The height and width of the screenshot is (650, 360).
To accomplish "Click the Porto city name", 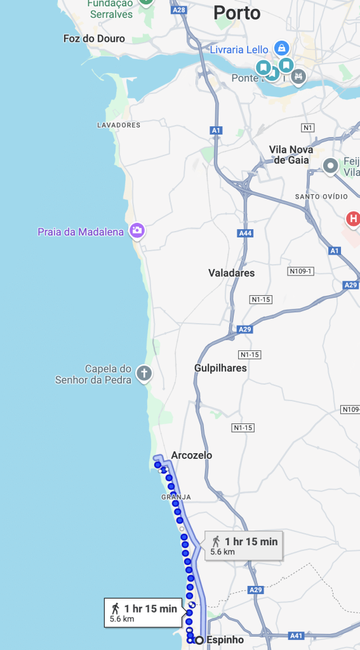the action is click(237, 12).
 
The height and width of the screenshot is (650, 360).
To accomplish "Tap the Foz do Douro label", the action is click(94, 39).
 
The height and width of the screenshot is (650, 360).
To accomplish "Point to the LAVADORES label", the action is click(119, 125).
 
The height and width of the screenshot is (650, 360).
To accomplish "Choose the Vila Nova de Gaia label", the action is click(289, 154).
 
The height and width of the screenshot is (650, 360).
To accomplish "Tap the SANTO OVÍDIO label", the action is click(321, 197).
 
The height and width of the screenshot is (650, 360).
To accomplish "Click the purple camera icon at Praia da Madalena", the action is click(137, 230).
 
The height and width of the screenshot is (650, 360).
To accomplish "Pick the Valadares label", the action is click(232, 273).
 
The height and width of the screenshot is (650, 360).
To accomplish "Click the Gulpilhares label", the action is click(220, 368).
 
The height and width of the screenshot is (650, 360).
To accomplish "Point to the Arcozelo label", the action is click(192, 455).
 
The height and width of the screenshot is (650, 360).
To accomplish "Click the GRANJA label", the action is click(176, 497).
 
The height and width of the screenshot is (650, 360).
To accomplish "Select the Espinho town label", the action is click(225, 640).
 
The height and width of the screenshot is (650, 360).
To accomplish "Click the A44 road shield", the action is click(245, 234).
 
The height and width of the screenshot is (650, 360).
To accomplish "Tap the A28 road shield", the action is click(180, 10).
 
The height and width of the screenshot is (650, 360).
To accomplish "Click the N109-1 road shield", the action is click(301, 271).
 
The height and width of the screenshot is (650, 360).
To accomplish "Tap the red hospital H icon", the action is click(354, 220).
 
